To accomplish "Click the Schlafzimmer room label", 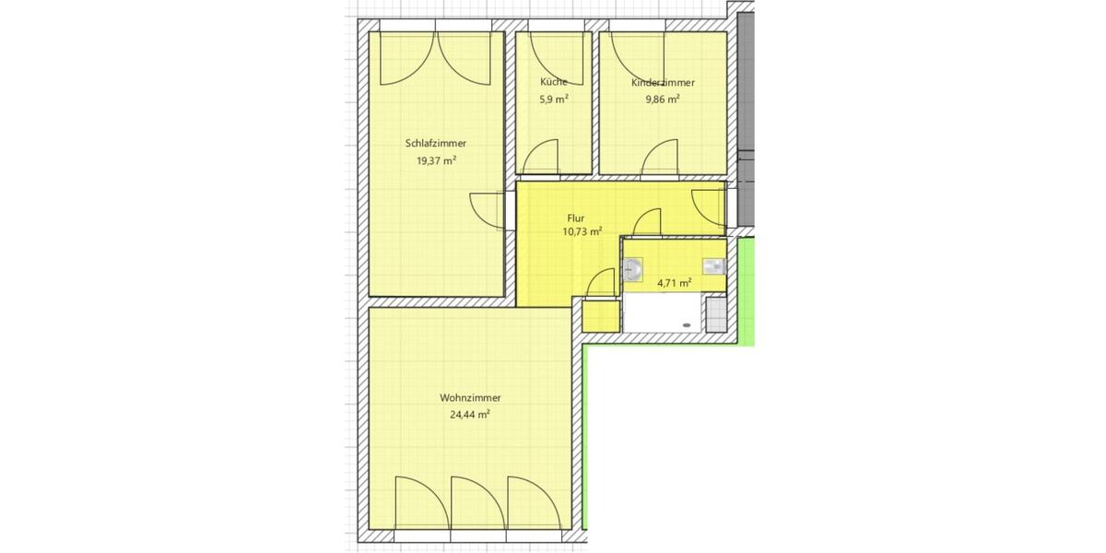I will (436, 144).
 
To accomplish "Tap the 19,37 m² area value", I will (436, 160).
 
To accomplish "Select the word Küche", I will (553, 82).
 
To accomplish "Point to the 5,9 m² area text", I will (553, 99).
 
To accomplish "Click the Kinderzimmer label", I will (663, 82).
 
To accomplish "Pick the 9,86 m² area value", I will (663, 99).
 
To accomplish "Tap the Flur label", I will (576, 218).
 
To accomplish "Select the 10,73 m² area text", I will (582, 232).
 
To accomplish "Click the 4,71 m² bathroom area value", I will (674, 283).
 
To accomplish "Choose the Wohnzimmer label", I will (470, 398).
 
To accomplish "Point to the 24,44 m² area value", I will (470, 415).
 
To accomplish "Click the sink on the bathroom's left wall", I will (633, 269).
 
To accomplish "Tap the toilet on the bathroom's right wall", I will (715, 266).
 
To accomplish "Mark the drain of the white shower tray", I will (686, 324).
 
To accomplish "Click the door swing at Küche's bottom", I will (541, 159).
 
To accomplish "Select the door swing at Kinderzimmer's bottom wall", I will (661, 159).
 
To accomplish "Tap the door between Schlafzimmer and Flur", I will (487, 211).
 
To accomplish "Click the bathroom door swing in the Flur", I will (649, 223).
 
